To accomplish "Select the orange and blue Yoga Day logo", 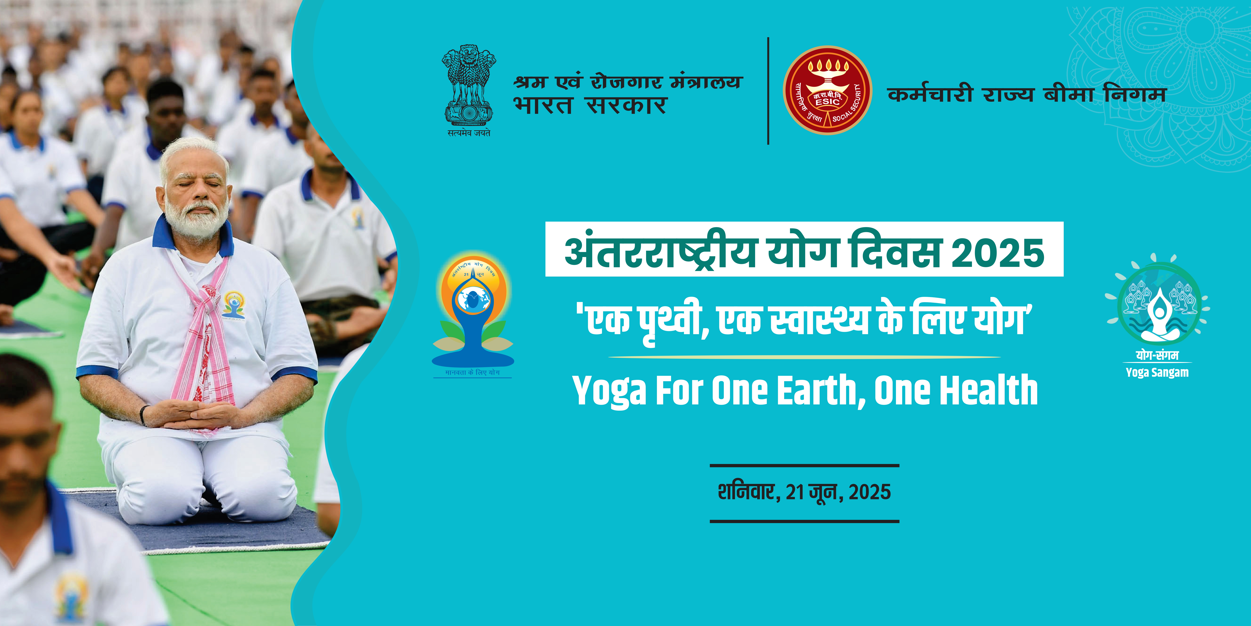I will pos(473,311).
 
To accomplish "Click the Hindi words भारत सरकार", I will pos(590,105).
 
